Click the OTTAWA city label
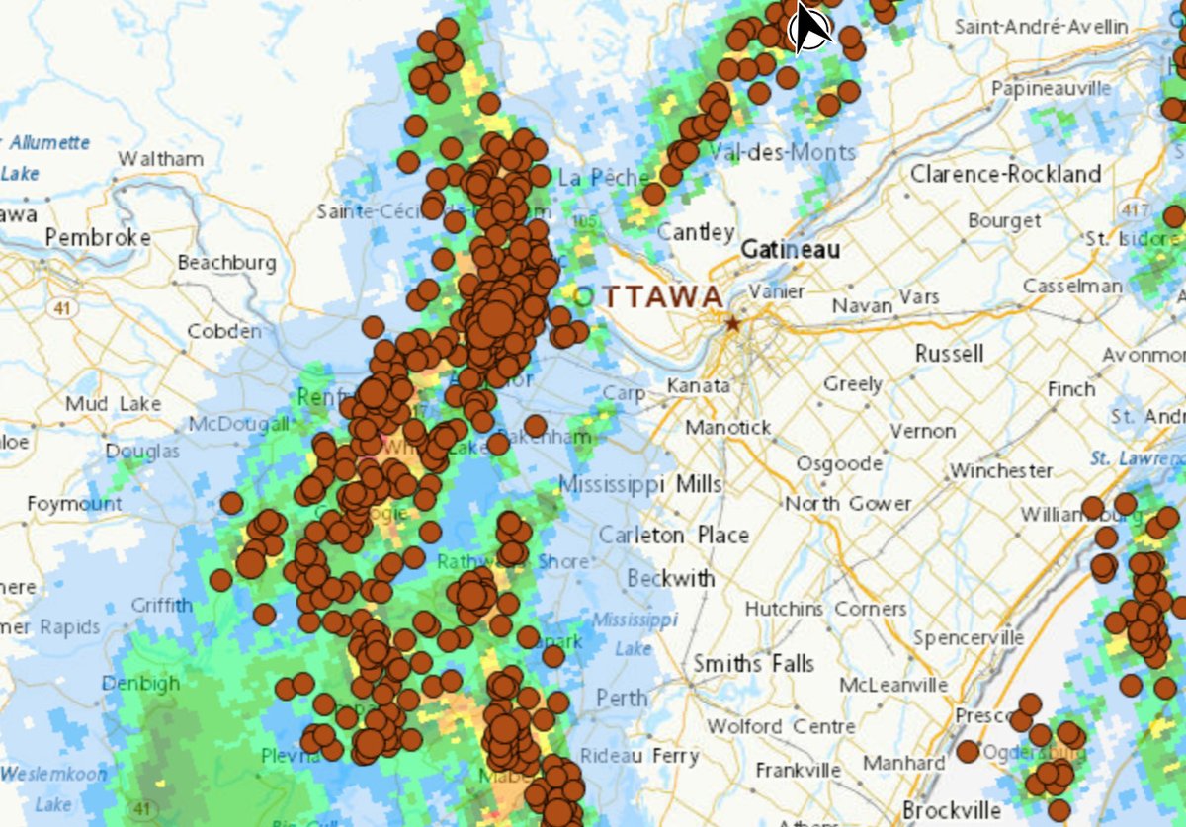tap(649, 296)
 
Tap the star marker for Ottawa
tap(732, 323)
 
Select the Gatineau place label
tap(790, 250)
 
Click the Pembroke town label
tap(98, 238)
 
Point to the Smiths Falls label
tap(753, 663)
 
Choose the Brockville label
tap(951, 810)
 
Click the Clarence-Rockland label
tap(1005, 174)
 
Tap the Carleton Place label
tap(674, 535)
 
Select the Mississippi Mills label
tap(640, 484)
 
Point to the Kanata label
tap(698, 385)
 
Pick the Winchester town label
tap(1001, 470)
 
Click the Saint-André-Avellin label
tap(1041, 27)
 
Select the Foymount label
tap(74, 504)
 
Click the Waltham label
tap(160, 159)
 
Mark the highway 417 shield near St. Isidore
tap(1133, 210)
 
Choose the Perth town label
tap(622, 698)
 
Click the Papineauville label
tap(1051, 89)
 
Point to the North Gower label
tap(848, 504)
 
